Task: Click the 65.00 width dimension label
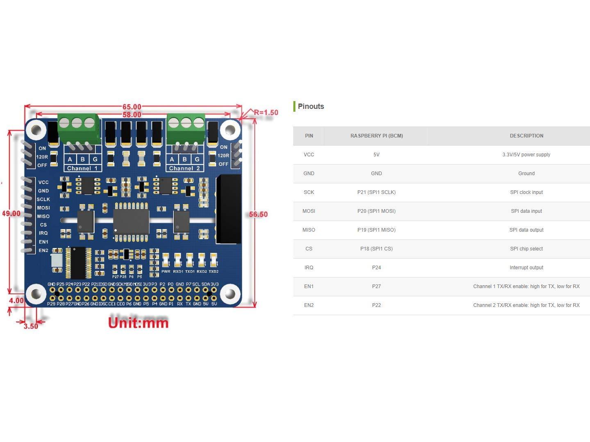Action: (x=132, y=107)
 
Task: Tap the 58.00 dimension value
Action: (x=132, y=115)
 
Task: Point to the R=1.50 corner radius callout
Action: (x=266, y=113)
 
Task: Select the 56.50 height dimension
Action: (x=258, y=214)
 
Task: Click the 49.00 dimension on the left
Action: (x=11, y=214)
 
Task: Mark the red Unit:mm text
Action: (x=138, y=322)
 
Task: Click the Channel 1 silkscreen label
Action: (x=82, y=168)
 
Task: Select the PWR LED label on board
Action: (x=166, y=271)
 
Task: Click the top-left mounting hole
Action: (x=36, y=130)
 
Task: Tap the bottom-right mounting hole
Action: (x=230, y=294)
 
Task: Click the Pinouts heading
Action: (x=311, y=106)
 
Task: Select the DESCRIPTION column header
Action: (x=526, y=136)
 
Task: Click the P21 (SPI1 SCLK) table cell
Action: (x=376, y=192)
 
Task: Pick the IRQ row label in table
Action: (x=309, y=268)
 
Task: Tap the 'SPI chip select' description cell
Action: (x=526, y=249)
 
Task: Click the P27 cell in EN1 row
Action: (x=376, y=286)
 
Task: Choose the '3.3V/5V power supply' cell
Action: (x=526, y=155)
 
